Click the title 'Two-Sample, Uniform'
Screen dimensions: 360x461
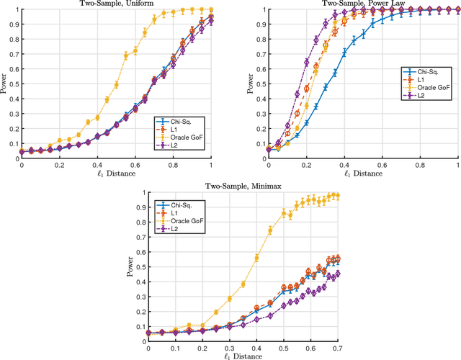(116, 3)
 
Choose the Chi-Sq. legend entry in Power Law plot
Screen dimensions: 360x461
(429, 71)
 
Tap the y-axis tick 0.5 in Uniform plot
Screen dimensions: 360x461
(14, 82)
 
